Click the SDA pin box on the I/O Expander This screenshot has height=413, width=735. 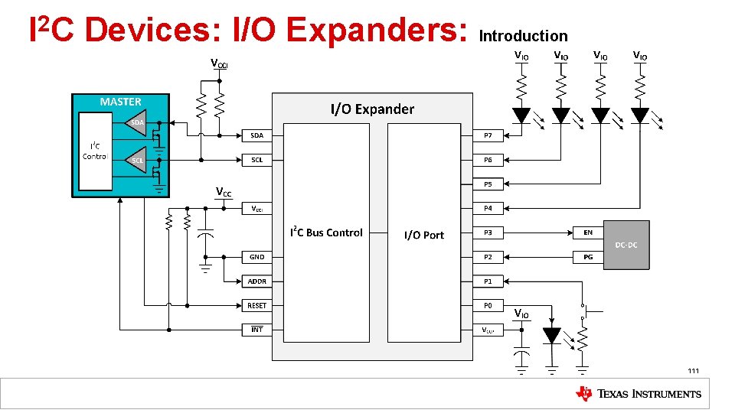(257, 135)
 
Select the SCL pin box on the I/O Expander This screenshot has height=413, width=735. (257, 160)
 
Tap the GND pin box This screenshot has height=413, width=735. (257, 257)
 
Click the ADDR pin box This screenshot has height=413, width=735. (257, 281)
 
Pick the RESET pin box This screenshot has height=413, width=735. (257, 306)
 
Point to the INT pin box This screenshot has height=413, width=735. (257, 330)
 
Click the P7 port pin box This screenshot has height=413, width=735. (488, 135)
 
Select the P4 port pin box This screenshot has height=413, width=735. (488, 208)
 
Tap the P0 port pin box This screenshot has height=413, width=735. (488, 306)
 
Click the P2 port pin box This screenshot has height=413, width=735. (488, 257)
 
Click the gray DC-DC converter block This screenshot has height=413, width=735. (626, 245)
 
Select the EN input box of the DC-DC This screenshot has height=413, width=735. (588, 233)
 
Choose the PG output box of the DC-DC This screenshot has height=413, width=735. (588, 257)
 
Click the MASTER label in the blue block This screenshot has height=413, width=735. (120, 102)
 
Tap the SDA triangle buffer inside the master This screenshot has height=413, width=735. (136, 122)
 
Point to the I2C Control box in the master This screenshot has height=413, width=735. (95, 151)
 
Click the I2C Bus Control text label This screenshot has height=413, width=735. (326, 233)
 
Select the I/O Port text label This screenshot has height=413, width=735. (423, 235)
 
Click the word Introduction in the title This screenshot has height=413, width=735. (523, 36)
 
